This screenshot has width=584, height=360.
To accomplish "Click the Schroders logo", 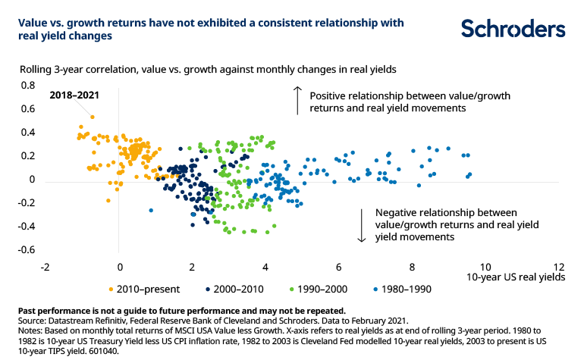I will (513, 29).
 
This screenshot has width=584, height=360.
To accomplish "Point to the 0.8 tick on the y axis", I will (28, 86).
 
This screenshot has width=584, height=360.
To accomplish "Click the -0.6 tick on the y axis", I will (27, 250).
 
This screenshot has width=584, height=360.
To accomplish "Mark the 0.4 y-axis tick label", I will (28, 133).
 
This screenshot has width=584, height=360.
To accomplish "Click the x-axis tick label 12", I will (559, 268).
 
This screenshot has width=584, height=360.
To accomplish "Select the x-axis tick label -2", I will (46, 268).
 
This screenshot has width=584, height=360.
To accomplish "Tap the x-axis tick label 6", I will (339, 268).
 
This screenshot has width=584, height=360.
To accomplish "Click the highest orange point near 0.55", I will (93, 117).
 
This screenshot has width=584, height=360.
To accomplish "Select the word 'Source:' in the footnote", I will (33, 320).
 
